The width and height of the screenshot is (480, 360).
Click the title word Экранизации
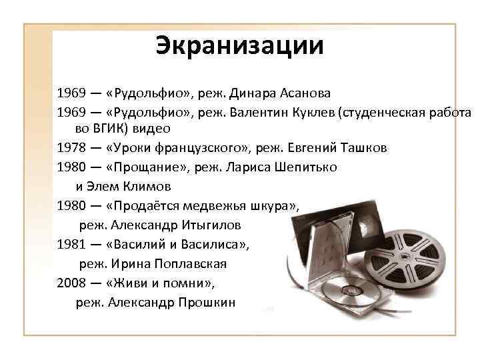[x=240, y=45]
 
